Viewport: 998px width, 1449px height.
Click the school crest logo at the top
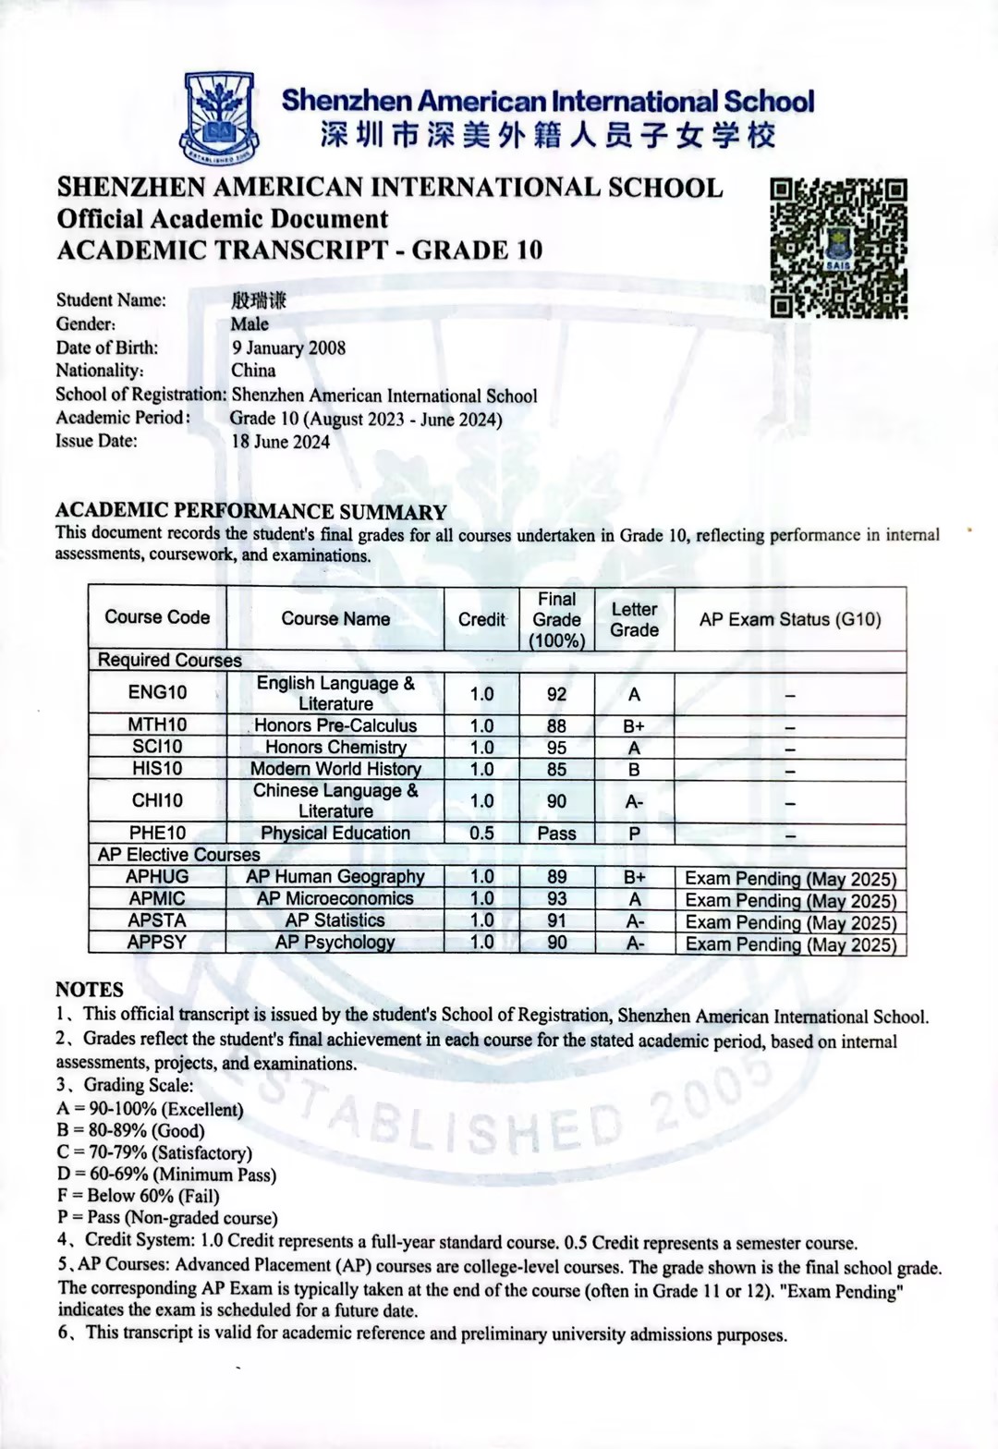coord(220,117)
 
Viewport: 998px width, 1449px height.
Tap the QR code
coord(838,248)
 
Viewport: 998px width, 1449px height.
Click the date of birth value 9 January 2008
coord(288,347)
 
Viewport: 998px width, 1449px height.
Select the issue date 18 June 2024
coord(280,442)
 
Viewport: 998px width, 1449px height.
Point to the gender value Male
coord(249,323)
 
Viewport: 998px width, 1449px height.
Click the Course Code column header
coord(157,617)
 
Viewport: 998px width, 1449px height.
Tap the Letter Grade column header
coord(634,619)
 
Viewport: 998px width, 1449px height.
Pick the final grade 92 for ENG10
coord(556,694)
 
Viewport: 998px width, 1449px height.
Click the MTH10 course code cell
coord(157,725)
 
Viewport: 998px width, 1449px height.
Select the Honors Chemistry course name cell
coord(335,748)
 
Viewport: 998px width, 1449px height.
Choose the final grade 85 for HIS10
coord(556,769)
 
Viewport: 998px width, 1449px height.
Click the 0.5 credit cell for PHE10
coord(481,833)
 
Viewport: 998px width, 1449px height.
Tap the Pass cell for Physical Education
coord(556,833)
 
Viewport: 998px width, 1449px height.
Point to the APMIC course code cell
coord(157,898)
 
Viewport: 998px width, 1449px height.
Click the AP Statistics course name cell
coord(335,920)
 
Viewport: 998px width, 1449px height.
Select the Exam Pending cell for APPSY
coord(790,944)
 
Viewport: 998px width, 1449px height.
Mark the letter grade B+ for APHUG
coord(634,877)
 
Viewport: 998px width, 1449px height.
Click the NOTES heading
coord(89,989)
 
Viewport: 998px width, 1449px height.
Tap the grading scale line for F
coord(138,1196)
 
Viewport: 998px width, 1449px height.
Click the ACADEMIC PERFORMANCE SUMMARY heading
coord(250,511)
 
